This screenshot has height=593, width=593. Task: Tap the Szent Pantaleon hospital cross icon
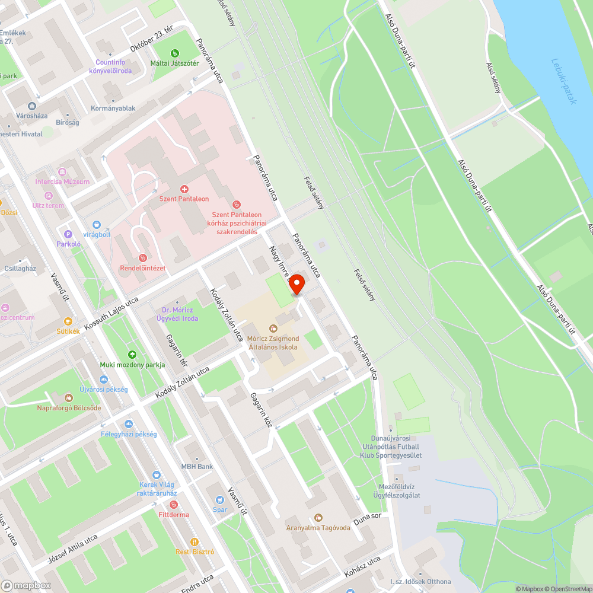point(184,189)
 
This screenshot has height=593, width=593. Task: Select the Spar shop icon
point(219,500)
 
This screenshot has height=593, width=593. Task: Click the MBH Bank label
point(197,467)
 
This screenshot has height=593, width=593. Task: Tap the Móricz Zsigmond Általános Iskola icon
point(273,328)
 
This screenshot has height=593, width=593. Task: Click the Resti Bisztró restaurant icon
point(194,542)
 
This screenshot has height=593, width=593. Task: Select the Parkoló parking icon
point(68,234)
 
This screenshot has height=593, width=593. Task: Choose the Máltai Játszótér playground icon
point(174,54)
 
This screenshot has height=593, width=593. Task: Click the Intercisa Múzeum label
point(62,181)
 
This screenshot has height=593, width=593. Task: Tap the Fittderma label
point(174,515)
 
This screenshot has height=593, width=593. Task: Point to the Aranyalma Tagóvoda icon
point(318,518)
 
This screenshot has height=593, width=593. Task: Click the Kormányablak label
point(113,109)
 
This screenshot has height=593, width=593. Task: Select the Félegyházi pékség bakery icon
point(129,424)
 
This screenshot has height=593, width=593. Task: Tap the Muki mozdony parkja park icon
point(132,355)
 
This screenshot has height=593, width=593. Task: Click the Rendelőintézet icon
point(142,258)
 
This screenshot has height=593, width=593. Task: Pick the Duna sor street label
point(367,520)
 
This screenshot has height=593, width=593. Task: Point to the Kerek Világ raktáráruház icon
point(156,474)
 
